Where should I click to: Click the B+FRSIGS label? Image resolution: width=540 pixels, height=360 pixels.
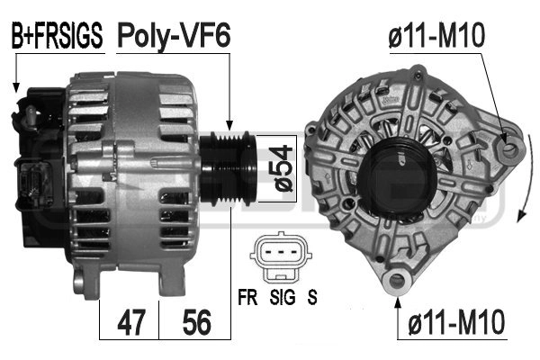pyautogui.click(x=58, y=35)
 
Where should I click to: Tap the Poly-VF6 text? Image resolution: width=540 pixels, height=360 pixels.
pyautogui.click(x=174, y=36)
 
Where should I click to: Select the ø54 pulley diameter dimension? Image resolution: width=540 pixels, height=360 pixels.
pyautogui.click(x=284, y=168)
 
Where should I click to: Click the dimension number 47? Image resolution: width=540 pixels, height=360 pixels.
pyautogui.click(x=130, y=322)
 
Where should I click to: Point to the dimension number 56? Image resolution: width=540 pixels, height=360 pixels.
pyautogui.click(x=196, y=322)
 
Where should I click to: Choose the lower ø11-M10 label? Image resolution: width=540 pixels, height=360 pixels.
pyautogui.click(x=456, y=322)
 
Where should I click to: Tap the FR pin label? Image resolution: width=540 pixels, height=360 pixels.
pyautogui.click(x=247, y=297)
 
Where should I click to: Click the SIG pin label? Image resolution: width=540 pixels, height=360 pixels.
pyautogui.click(x=283, y=297)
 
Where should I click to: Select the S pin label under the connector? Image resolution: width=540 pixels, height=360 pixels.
pyautogui.click(x=312, y=297)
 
